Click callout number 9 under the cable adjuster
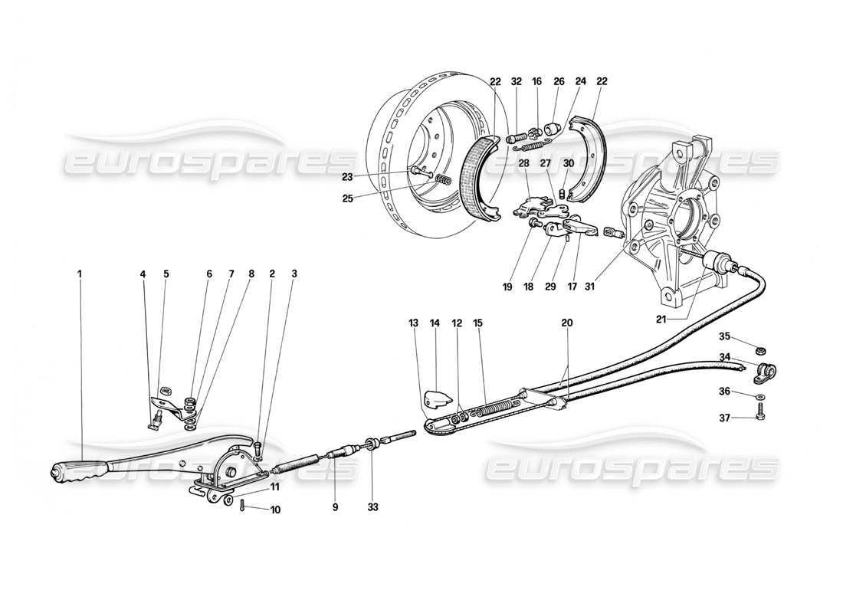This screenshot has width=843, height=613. tap(335, 506)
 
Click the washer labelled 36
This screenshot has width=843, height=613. tap(758, 397)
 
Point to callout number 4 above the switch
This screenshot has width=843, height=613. tap(143, 272)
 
